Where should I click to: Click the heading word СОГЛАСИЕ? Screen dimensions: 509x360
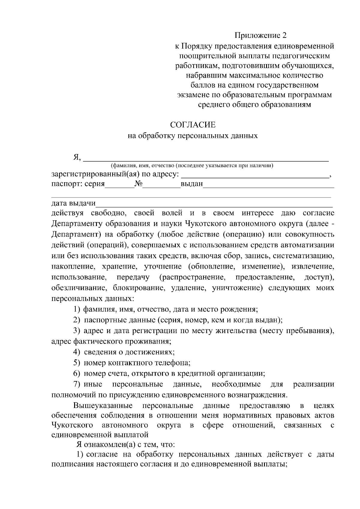tap(193, 124)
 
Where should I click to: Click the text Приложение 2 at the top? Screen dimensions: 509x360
tap(261, 35)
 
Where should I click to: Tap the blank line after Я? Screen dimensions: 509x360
tap(206, 159)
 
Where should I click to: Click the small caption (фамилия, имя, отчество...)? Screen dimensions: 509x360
tap(192, 165)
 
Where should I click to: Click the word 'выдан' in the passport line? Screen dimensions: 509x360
tap(192, 184)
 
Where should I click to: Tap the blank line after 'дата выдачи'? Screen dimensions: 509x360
tap(214, 204)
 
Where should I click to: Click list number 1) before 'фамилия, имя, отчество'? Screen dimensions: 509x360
tap(77, 309)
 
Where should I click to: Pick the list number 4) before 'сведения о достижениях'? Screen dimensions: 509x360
tap(77, 352)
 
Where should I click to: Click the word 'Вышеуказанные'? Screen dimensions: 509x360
tap(103, 406)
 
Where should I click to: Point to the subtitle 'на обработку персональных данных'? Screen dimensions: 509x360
tap(193, 136)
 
